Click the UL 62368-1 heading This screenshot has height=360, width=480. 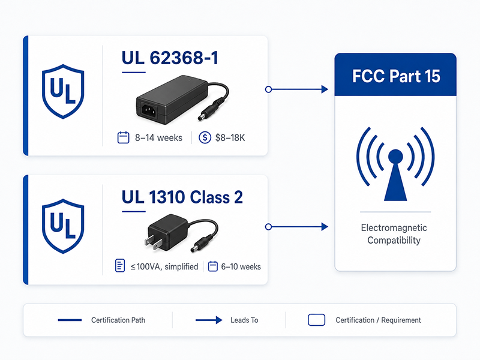[170, 58]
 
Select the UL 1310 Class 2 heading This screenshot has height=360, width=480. [182, 197]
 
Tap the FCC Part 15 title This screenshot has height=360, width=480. [396, 76]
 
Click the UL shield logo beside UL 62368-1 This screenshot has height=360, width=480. [63, 91]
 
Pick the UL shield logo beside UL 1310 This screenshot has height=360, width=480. [63, 226]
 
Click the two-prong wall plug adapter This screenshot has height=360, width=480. [181, 233]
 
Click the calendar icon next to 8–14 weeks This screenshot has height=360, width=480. [124, 137]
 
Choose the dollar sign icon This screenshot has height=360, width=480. [205, 137]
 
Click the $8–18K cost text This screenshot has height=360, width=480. [230, 138]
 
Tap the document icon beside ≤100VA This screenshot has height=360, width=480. [120, 265]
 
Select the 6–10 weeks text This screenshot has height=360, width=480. [241, 266]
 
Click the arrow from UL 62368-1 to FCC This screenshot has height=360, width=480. [296, 89]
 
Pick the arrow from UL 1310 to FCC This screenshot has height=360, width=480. [296, 227]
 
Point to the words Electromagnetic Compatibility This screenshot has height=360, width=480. [394, 234]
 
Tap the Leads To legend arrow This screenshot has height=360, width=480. [209, 320]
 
